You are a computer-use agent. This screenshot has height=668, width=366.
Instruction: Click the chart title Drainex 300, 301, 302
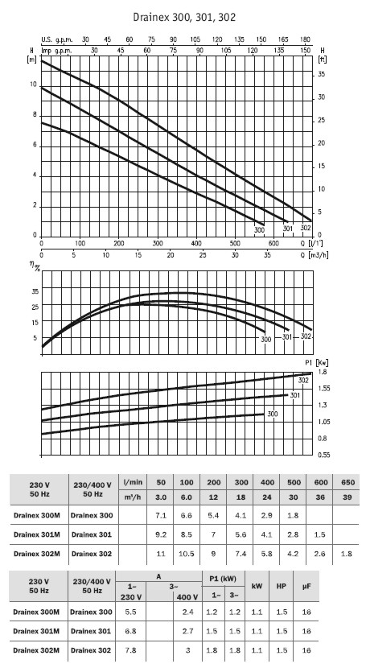pyautogui.click(x=184, y=18)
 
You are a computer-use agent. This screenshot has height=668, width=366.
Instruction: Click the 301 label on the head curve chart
pyautogui.click(x=288, y=229)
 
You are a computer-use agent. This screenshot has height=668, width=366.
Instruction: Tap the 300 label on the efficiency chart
pyautogui.click(x=266, y=340)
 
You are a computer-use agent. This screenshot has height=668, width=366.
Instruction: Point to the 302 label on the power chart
pyautogui.click(x=303, y=381)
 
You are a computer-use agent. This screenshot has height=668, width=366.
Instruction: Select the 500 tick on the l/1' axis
pyautogui.click(x=235, y=244)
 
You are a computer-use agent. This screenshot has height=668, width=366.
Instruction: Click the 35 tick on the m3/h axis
pyautogui.click(x=267, y=255)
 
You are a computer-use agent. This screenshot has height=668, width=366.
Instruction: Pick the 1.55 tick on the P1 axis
pyautogui.click(x=323, y=389)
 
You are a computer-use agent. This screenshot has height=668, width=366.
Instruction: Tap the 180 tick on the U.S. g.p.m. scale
pyautogui.click(x=305, y=39)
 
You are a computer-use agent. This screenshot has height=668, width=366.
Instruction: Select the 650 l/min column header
pyautogui.click(x=347, y=482)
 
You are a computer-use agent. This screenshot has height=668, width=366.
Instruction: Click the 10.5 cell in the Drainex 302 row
pyautogui.click(x=187, y=554)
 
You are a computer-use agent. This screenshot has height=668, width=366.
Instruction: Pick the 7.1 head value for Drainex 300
pyautogui.click(x=161, y=515)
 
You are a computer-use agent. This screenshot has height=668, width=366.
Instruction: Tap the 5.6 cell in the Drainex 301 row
pyautogui.click(x=241, y=534)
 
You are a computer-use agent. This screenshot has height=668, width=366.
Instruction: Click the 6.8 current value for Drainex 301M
pyautogui.click(x=130, y=631)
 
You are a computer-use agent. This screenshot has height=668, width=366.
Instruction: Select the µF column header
pyautogui.click(x=306, y=586)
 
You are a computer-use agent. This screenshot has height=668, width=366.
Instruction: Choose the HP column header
pyautogui.click(x=282, y=586)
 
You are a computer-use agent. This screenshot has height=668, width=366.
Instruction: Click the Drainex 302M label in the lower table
pyautogui.click(x=36, y=650)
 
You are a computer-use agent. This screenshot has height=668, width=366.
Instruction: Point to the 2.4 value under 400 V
pyautogui.click(x=187, y=612)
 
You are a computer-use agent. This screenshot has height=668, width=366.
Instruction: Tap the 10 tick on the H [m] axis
pyautogui.click(x=33, y=85)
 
